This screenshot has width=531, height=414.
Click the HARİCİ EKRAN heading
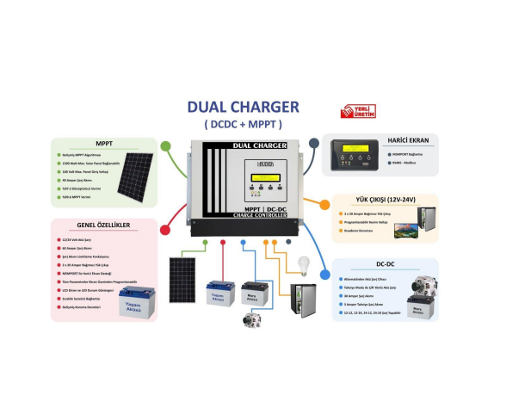410,139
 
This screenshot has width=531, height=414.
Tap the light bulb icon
302,264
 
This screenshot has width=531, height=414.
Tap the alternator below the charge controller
250,318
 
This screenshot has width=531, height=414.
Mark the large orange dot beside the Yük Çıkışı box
324,205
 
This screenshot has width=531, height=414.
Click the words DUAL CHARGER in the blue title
243,108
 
